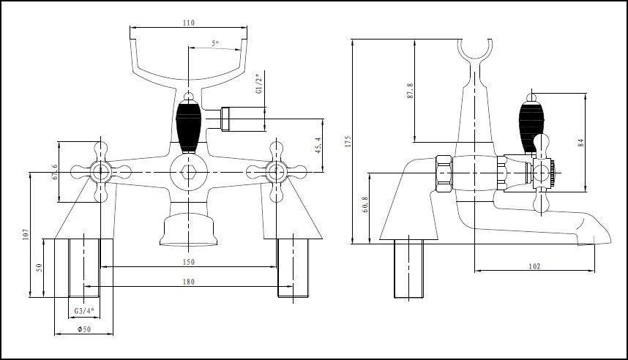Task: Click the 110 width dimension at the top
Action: pyautogui.click(x=188, y=23)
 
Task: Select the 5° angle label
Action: pyautogui.click(x=214, y=44)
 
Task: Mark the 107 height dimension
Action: pyautogui.click(x=25, y=234)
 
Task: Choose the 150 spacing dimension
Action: pyautogui.click(x=188, y=262)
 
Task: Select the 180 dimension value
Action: pyautogui.click(x=188, y=282)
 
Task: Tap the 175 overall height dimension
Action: pyautogui.click(x=348, y=140)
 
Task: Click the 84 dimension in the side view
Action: pyautogui.click(x=581, y=142)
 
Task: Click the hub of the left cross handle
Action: pyautogui.click(x=100, y=173)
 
